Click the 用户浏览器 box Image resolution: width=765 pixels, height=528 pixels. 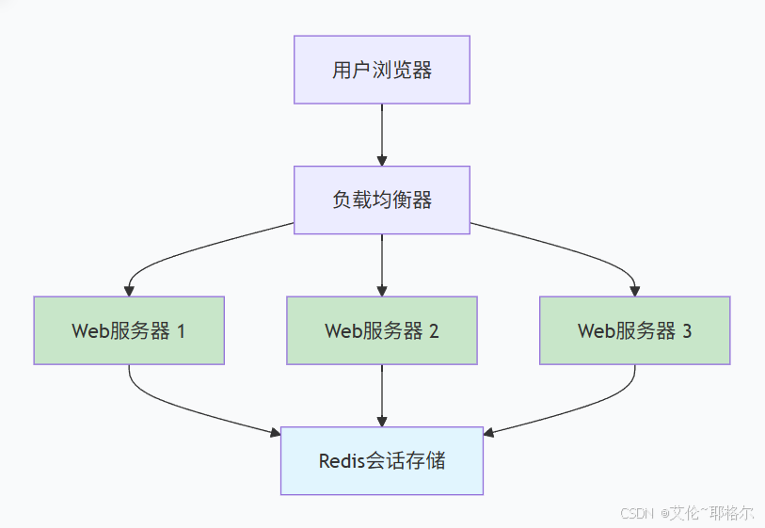[381, 70]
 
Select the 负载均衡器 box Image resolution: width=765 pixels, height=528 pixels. [381, 200]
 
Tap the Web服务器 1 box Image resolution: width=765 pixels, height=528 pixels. [129, 330]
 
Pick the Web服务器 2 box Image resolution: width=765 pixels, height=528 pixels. [381, 330]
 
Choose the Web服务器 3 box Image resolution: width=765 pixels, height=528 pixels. [634, 330]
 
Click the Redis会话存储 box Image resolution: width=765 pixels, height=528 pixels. [381, 460]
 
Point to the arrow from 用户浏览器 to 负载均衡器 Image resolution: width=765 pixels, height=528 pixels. [381, 132]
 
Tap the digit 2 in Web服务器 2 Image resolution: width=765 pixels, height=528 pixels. [434, 331]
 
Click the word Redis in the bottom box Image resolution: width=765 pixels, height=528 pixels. [340, 461]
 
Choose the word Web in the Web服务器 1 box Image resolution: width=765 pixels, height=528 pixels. [88, 331]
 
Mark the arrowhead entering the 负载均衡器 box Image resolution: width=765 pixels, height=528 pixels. [381, 160]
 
